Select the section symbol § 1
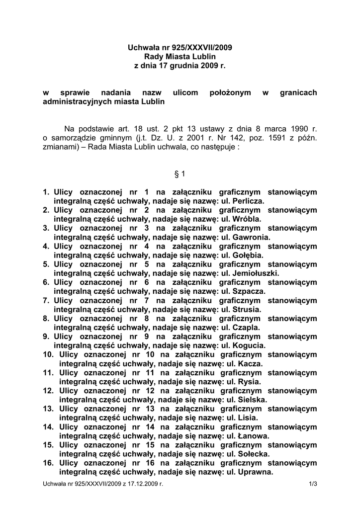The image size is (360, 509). point(180,173)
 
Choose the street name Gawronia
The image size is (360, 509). point(252,237)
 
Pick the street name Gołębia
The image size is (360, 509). point(248,255)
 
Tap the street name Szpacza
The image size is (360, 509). point(249,291)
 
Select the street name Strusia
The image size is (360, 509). point(247,309)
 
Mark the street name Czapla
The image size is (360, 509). point(246,327)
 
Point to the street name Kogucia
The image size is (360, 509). point(249,345)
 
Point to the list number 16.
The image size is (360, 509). point(48,463)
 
